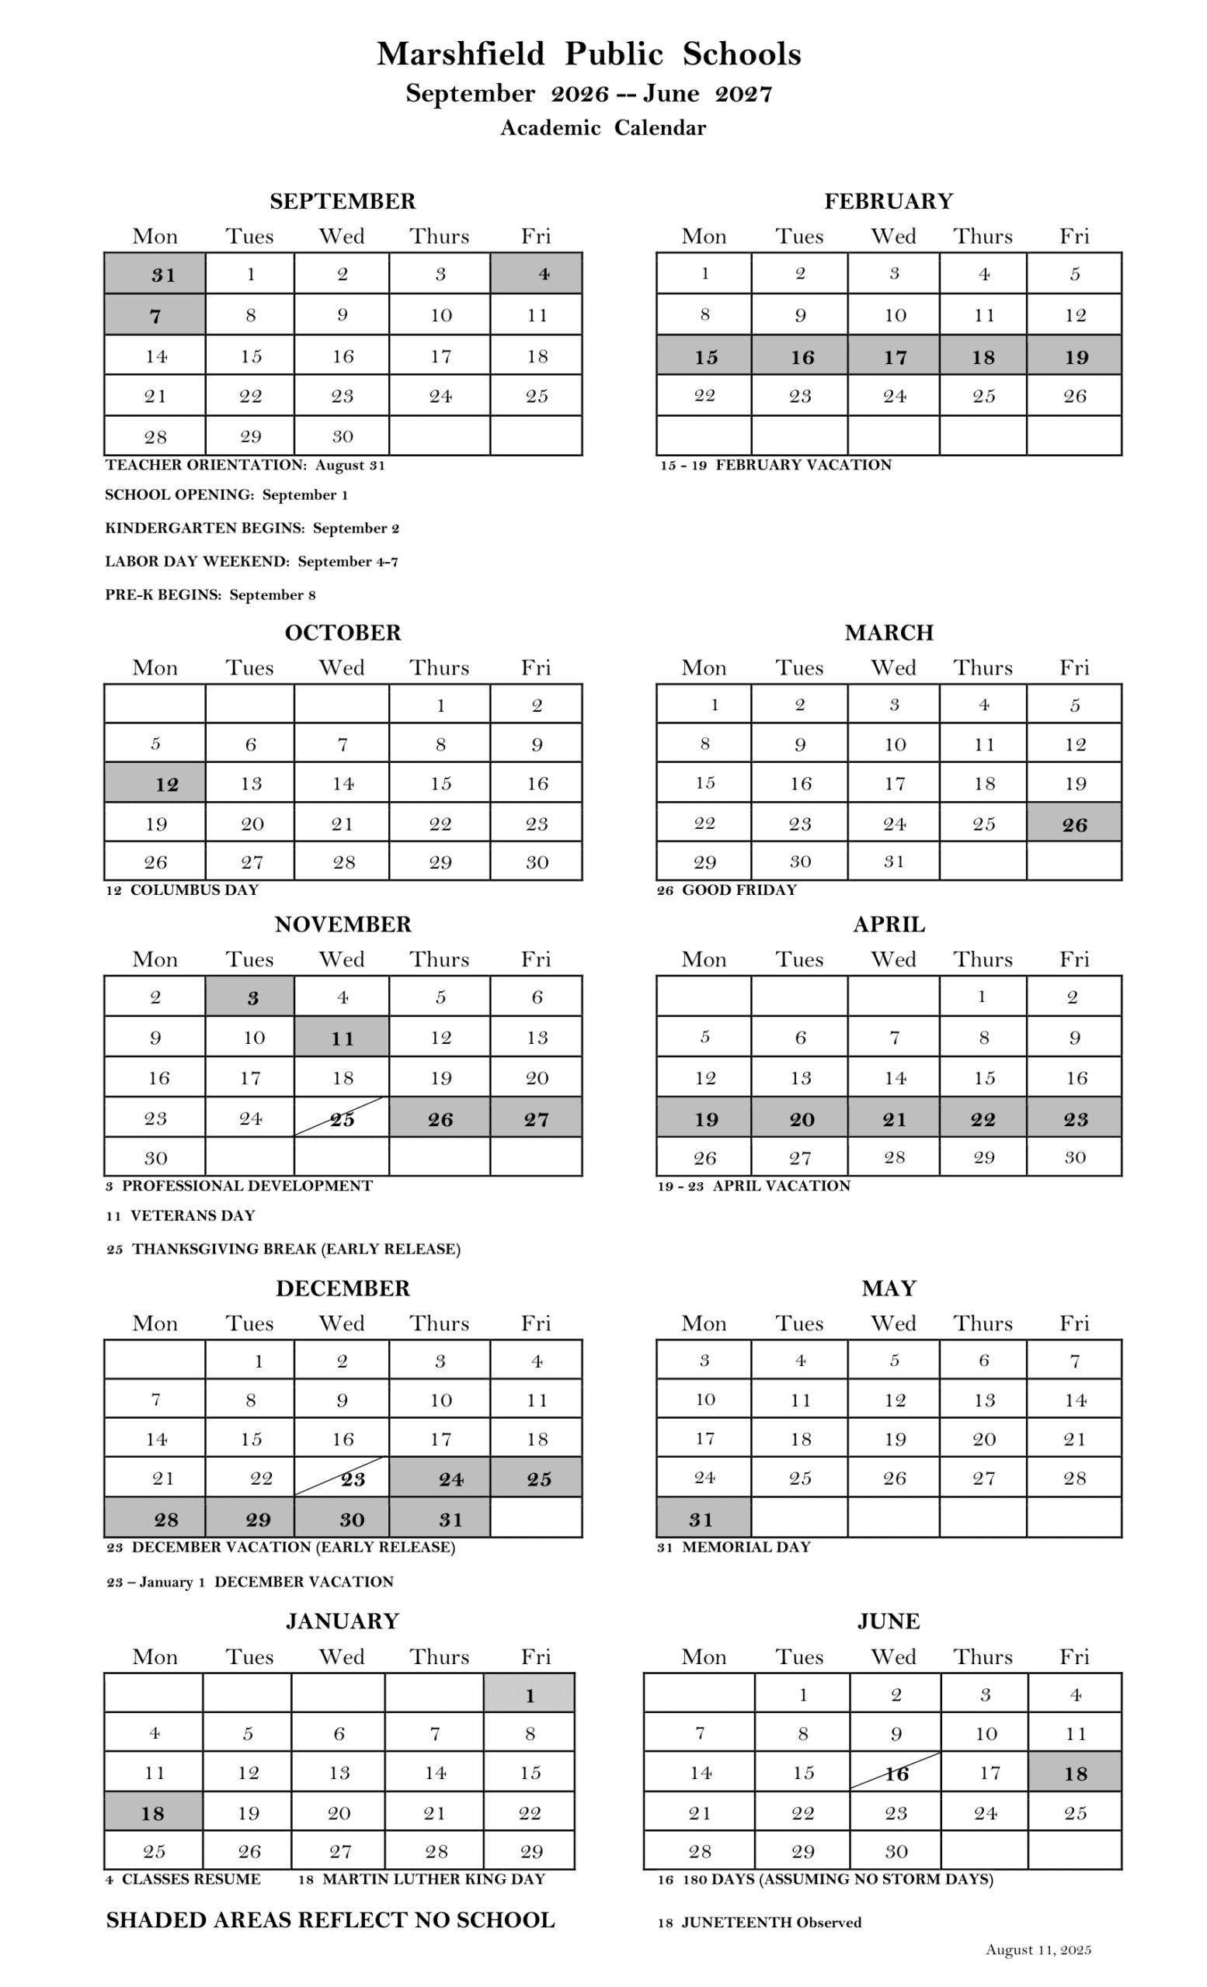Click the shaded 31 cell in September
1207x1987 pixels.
[154, 274]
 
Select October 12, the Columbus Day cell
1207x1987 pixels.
[154, 783]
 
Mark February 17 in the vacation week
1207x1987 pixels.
[894, 356]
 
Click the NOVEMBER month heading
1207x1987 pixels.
[343, 924]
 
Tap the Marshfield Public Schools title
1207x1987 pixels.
[589, 54]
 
